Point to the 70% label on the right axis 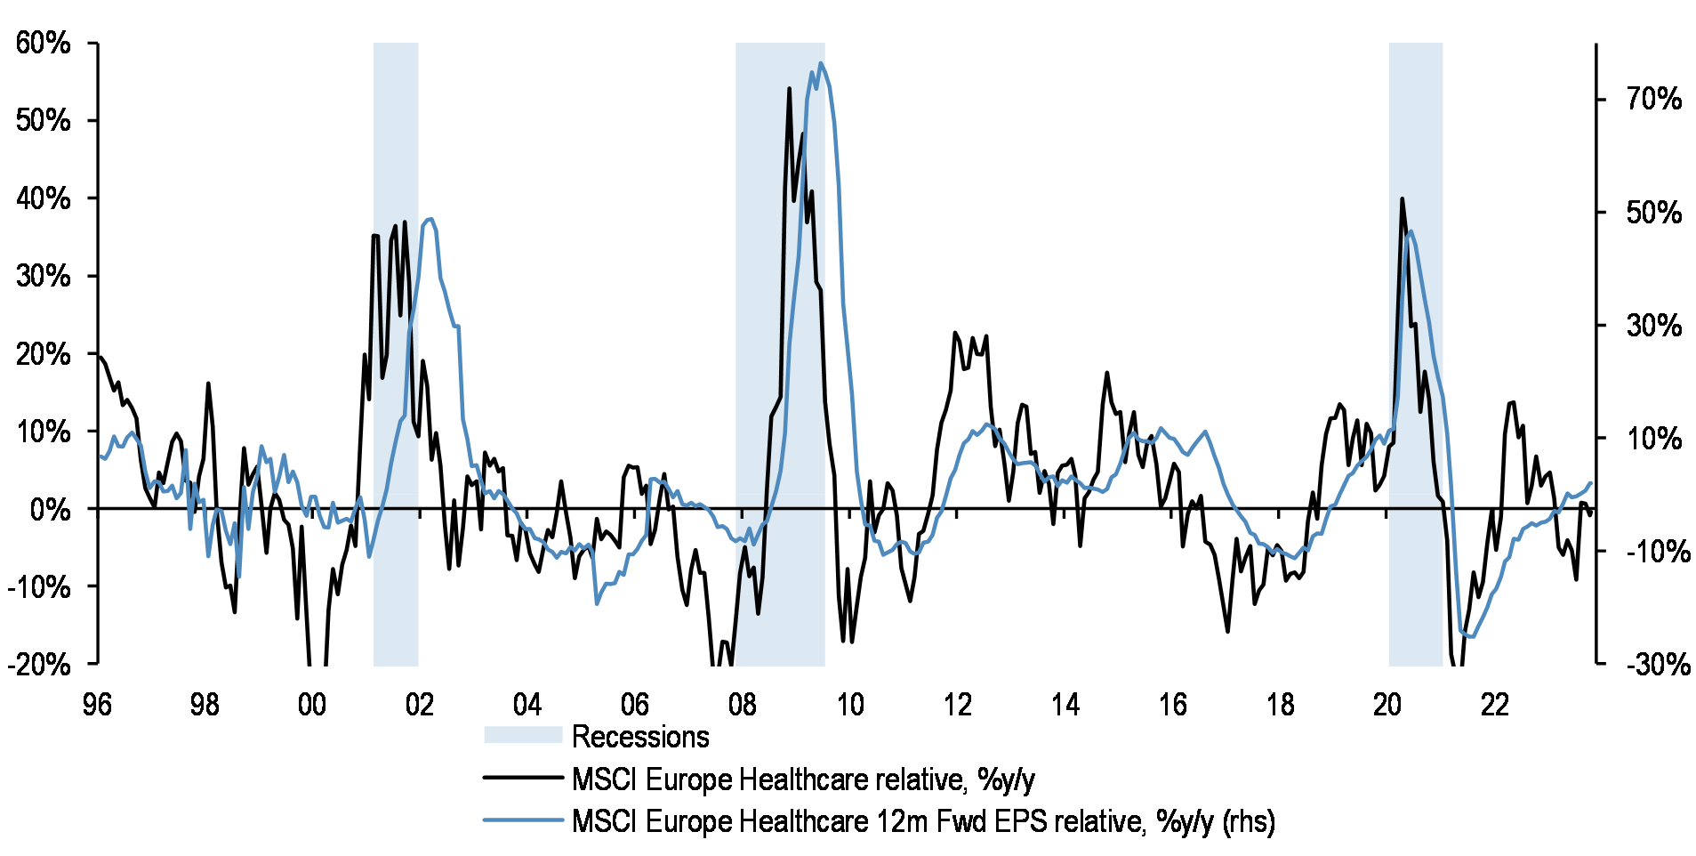pos(1653,99)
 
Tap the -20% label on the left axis pos(39,664)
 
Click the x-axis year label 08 pos(743,705)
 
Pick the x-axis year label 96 pos(97,705)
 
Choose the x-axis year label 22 pos(1495,705)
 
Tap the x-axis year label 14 pos(1065,705)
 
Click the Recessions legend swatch pos(523,735)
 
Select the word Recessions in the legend pos(640,737)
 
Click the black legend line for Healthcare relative pos(523,778)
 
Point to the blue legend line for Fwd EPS pos(523,820)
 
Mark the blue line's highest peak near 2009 pos(820,63)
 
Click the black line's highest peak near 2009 pos(789,88)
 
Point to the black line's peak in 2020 pos(1402,198)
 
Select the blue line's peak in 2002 pos(430,219)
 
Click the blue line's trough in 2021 pos(1471,636)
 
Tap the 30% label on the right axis pos(1653,326)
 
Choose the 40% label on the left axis pos(43,198)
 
